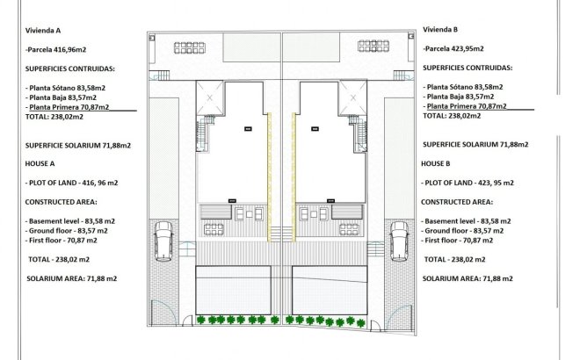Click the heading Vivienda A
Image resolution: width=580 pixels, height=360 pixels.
44,29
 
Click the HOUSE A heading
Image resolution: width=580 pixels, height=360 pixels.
41,163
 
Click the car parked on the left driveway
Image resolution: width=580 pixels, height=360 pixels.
163,241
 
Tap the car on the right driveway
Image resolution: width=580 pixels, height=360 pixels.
400,241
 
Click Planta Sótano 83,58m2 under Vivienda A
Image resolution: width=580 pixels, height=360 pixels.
67,88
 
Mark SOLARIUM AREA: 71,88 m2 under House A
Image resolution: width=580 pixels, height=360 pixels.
72,277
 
